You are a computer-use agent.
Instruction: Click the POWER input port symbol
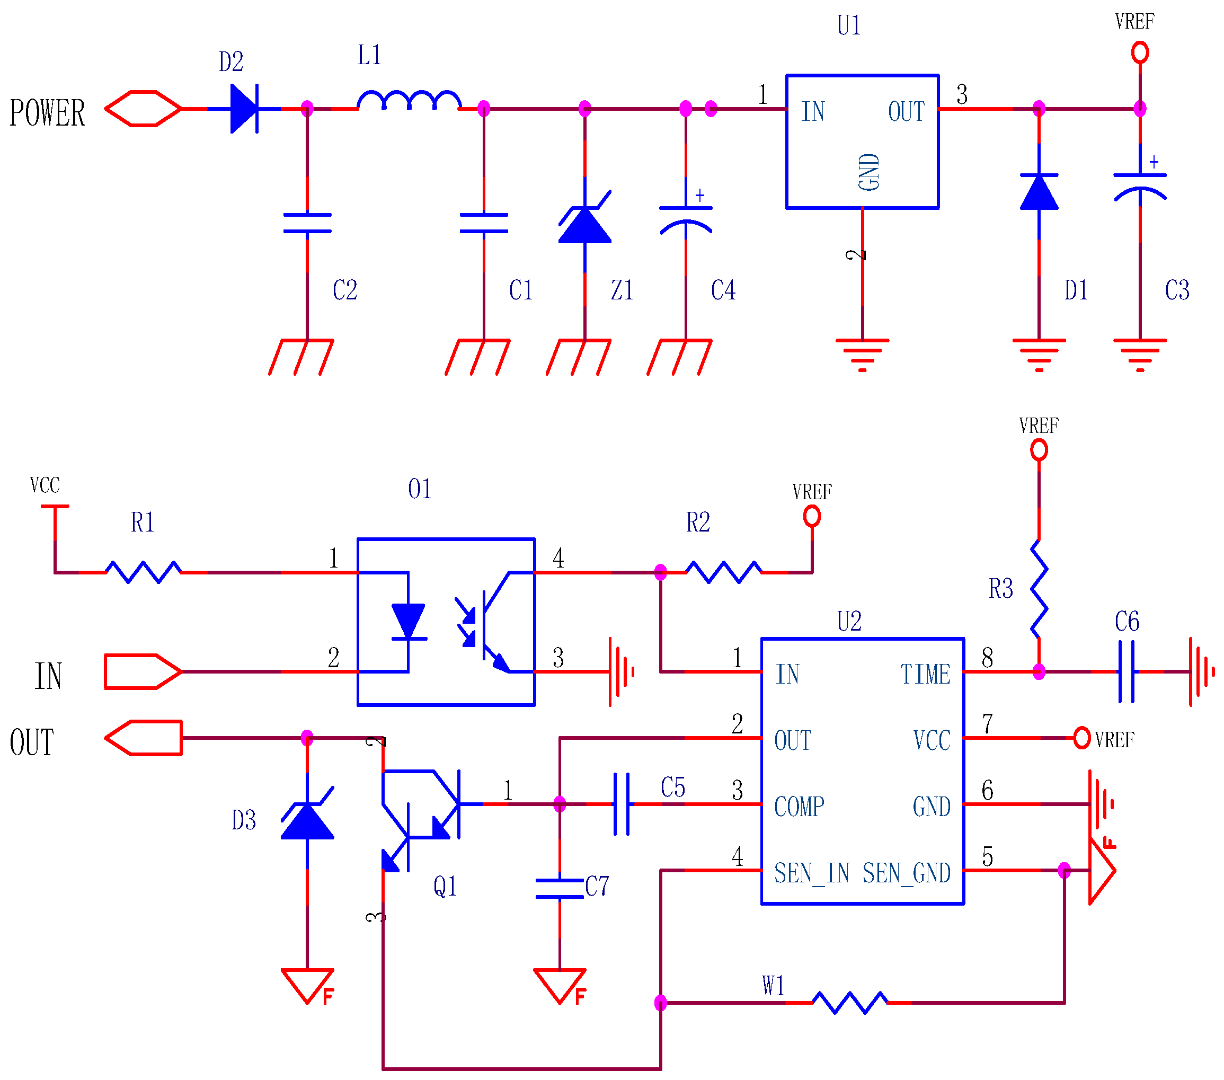point(143,109)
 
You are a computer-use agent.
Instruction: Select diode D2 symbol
point(244,109)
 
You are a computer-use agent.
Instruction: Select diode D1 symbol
point(1039,192)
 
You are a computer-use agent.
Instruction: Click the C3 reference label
point(1177,290)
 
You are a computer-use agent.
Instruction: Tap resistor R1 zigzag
point(143,572)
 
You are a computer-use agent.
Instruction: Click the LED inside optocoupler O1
point(409,622)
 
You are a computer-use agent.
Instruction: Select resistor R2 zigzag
point(723,572)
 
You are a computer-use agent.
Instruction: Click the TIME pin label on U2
point(925,675)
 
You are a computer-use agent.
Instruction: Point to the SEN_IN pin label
point(811,873)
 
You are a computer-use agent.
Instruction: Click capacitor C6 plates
point(1126,671)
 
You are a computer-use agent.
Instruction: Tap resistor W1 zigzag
point(850,1003)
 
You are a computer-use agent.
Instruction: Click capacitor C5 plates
point(622,804)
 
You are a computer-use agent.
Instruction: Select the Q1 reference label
point(445,886)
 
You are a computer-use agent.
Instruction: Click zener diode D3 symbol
point(307,819)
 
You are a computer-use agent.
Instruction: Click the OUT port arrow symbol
point(144,738)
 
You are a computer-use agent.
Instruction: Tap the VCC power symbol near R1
point(55,507)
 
